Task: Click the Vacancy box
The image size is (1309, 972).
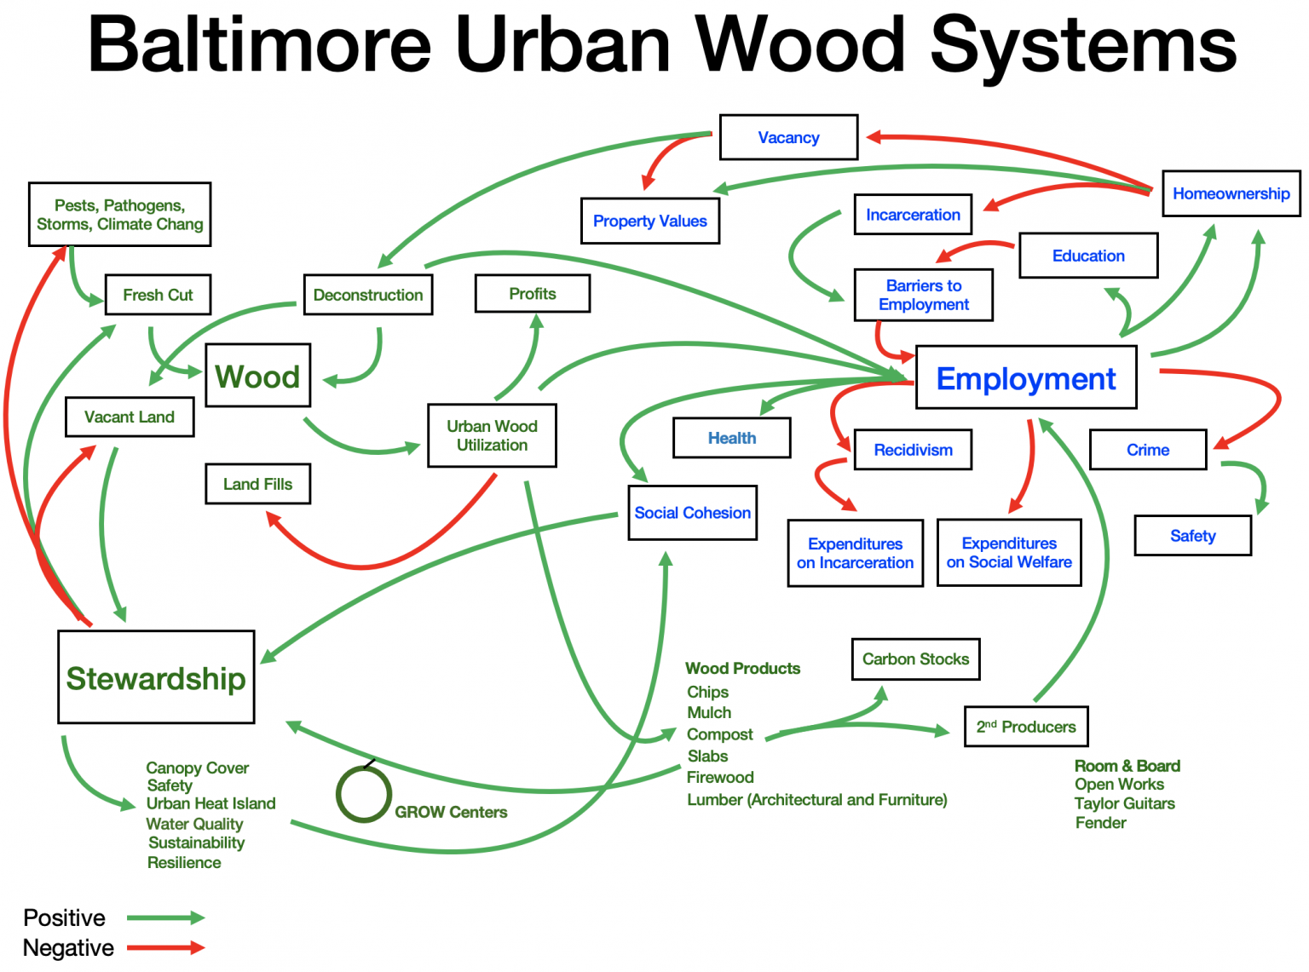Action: coord(788,137)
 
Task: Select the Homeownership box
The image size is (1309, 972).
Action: coord(1231,193)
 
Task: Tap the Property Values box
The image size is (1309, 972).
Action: coord(649,221)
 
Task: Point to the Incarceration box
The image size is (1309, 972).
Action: coord(913,215)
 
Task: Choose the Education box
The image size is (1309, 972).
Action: coord(1088,256)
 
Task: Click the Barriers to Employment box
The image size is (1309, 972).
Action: coord(923,295)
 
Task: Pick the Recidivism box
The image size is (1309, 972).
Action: coord(913,450)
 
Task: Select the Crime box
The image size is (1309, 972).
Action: coord(1147,450)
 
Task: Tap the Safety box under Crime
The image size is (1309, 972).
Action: coord(1192,536)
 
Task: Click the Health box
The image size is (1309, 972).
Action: coord(731,438)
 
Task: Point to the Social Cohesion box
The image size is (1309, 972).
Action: coord(692,513)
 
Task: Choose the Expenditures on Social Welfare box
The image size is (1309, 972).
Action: coord(1009,553)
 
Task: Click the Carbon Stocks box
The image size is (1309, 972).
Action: coord(915,659)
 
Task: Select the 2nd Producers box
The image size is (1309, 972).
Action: coord(1026,727)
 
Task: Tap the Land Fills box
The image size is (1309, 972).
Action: coord(257,484)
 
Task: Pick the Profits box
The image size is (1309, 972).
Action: coord(532,294)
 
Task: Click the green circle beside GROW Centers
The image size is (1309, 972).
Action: coord(364,794)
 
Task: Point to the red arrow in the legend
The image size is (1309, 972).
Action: coord(165,947)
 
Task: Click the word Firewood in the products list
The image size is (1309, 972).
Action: coord(720,777)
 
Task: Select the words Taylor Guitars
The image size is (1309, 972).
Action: coord(1124,803)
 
